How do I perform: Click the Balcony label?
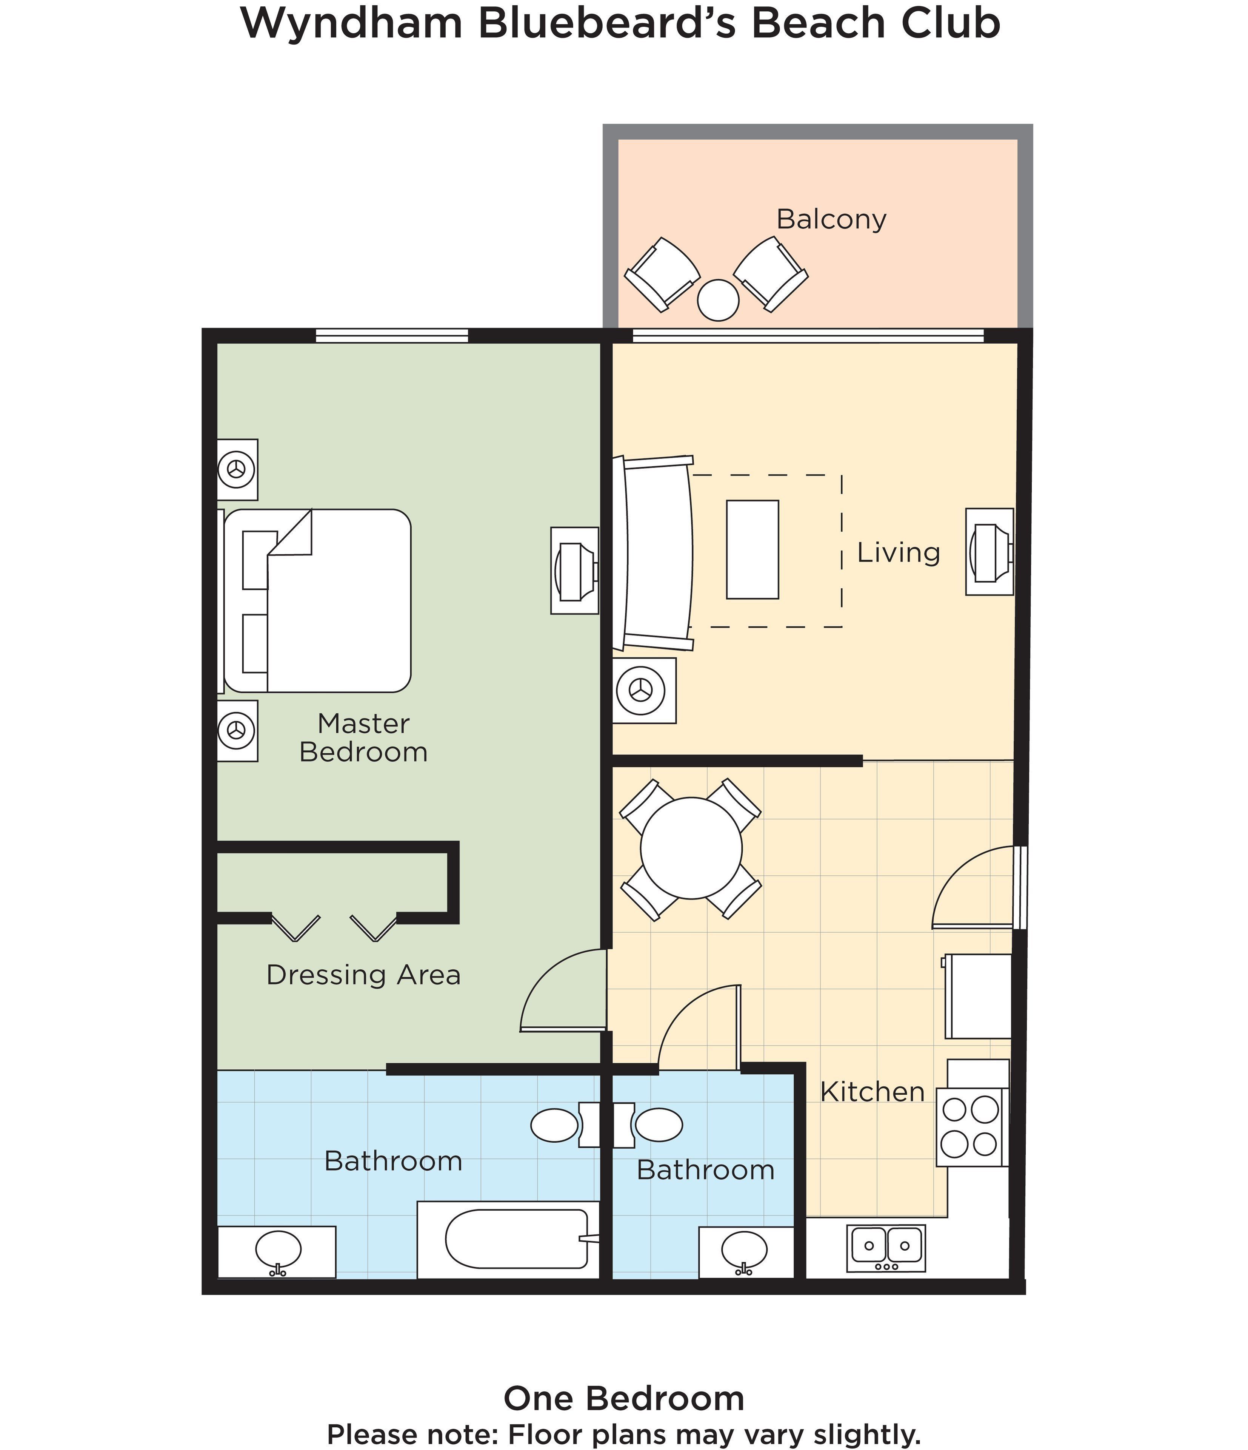pyautogui.click(x=831, y=220)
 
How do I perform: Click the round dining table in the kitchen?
pyautogui.click(x=691, y=848)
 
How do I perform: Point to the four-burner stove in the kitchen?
pyautogui.click(x=969, y=1127)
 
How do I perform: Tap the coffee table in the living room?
pyautogui.click(x=752, y=549)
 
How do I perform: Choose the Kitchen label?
pyautogui.click(x=873, y=1092)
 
